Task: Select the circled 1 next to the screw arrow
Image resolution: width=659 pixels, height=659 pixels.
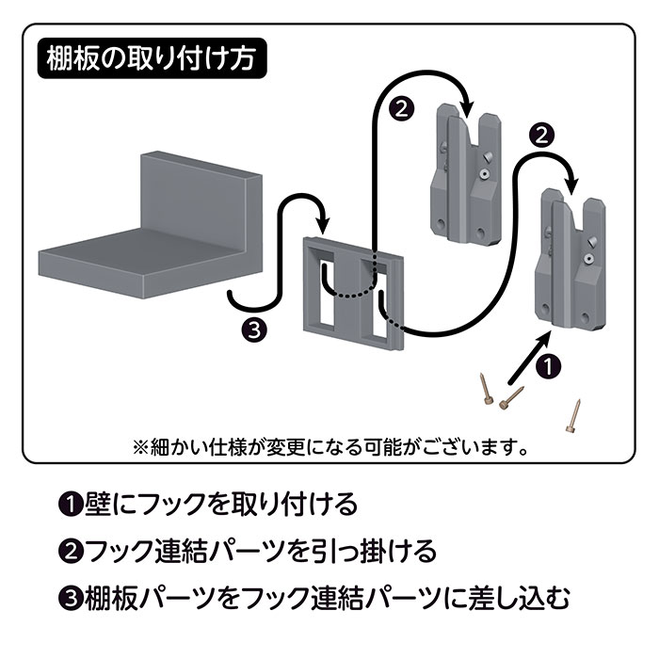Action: click(551, 362)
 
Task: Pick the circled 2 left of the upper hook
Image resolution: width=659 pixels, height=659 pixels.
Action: click(401, 108)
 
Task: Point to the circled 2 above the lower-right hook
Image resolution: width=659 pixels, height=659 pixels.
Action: click(539, 134)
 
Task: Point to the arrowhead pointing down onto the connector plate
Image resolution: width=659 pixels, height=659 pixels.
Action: click(323, 226)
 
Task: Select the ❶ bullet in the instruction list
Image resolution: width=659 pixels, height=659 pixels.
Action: click(69, 505)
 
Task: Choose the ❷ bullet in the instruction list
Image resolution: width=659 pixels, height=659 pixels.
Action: click(69, 550)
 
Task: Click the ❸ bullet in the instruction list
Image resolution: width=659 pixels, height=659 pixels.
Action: click(69, 596)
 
